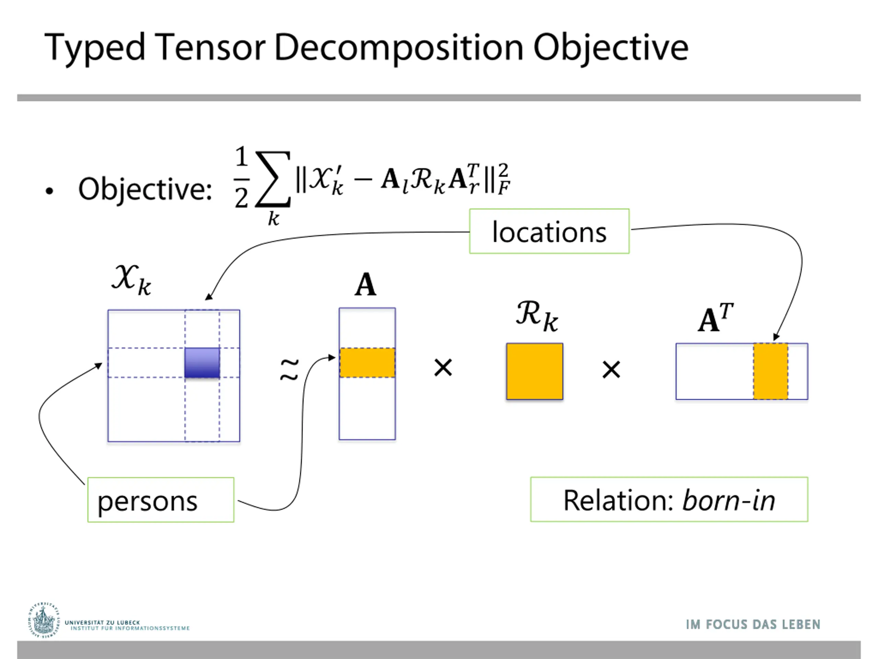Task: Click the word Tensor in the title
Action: [x=210, y=48]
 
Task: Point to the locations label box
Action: [x=549, y=231]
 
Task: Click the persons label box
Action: [x=161, y=500]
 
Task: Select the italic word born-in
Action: [x=728, y=500]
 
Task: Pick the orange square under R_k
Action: [x=534, y=371]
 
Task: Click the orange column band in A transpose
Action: [x=770, y=371]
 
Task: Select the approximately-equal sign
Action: [x=289, y=369]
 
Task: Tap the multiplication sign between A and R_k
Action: [x=443, y=368]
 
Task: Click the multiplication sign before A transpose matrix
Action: [x=611, y=370]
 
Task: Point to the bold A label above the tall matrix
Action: [x=365, y=285]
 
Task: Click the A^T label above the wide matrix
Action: [x=715, y=318]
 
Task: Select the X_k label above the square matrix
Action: [x=131, y=280]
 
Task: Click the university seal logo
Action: [x=43, y=621]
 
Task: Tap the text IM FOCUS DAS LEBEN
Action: [x=753, y=624]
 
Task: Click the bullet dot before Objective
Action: [x=49, y=192]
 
